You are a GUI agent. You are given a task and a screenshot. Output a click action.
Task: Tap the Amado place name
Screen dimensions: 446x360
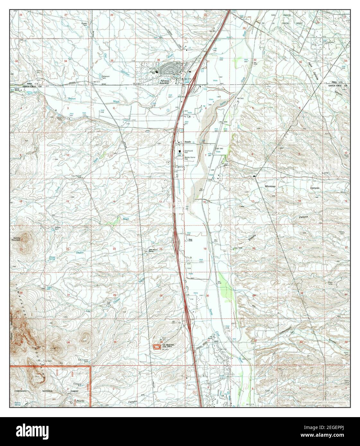188,142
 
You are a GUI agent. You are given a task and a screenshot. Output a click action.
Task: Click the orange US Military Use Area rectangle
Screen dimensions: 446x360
156,346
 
